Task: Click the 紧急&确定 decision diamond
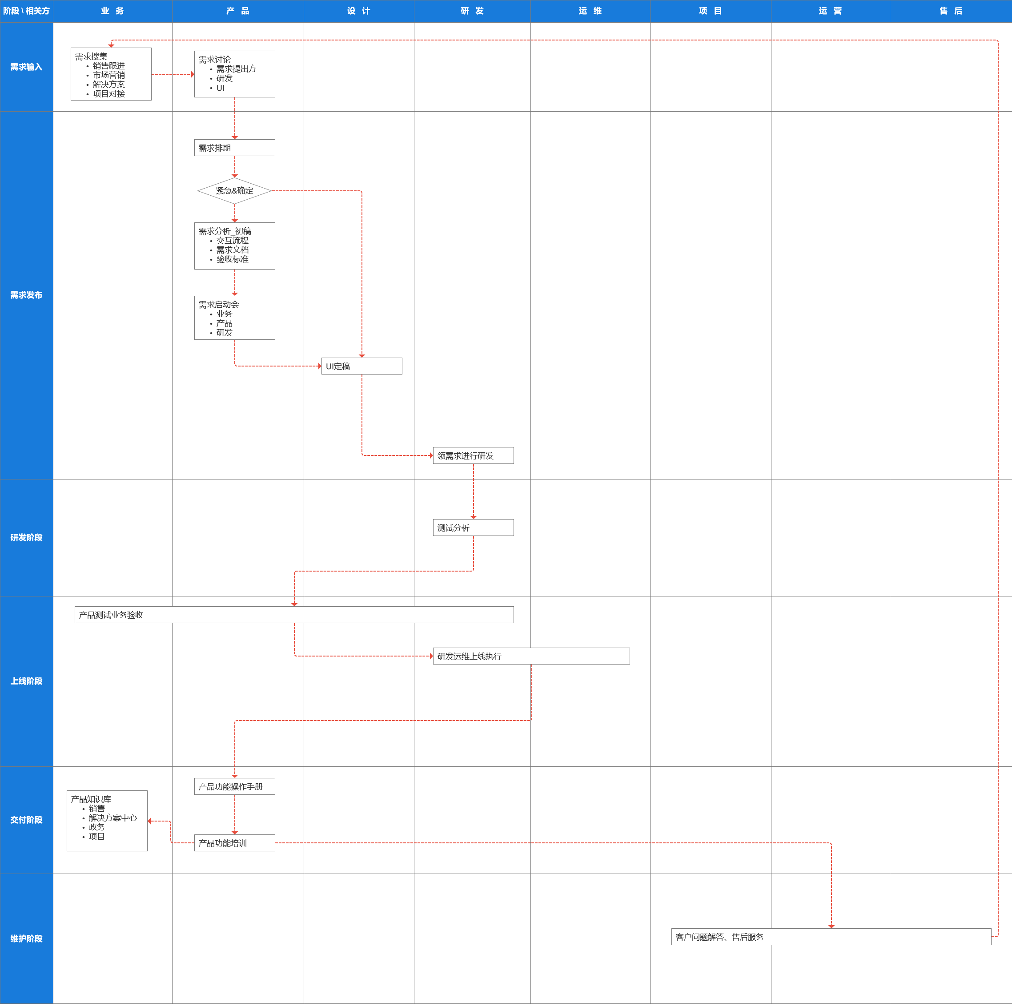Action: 234,191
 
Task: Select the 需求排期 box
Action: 234,148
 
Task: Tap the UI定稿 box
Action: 361,366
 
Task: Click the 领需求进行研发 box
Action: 473,456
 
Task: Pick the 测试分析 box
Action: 473,528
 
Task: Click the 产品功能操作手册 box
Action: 234,786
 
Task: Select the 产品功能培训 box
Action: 234,843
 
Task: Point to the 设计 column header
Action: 359,11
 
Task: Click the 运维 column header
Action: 590,11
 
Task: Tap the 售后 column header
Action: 951,11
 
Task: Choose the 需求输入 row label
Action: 26,67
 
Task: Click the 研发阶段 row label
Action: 26,538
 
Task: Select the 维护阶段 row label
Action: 26,939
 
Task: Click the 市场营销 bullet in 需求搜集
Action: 109,75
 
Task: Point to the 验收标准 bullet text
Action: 233,259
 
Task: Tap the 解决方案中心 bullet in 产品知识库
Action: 112,818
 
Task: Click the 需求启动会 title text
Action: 218,304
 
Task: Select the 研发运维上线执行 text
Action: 470,657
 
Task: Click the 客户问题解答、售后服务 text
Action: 720,937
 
